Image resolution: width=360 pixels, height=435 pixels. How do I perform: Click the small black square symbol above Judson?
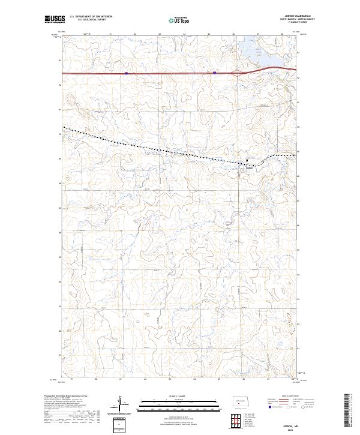click(x=246, y=160)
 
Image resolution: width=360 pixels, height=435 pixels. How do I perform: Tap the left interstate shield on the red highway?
click(x=126, y=73)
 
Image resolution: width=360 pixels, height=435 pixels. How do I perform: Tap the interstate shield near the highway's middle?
click(x=214, y=73)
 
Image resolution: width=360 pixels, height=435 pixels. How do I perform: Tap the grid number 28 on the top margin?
click(x=282, y=35)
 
